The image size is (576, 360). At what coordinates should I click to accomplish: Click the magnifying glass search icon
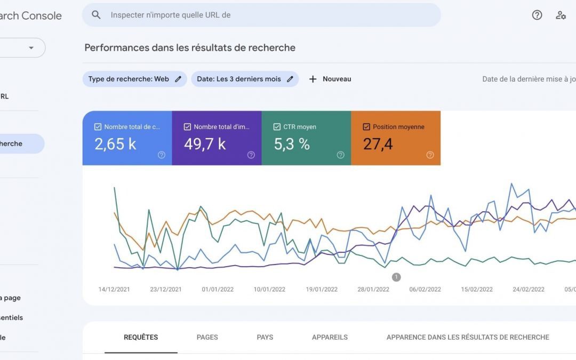(96, 15)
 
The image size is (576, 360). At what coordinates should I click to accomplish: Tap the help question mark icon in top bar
(537, 15)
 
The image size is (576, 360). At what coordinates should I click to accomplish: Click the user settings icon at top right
(561, 15)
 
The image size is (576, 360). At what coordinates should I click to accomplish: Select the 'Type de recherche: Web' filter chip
(129, 79)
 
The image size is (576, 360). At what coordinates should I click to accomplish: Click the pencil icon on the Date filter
(290, 79)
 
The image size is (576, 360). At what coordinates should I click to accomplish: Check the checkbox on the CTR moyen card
(277, 127)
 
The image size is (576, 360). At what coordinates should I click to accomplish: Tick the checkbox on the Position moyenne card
(366, 127)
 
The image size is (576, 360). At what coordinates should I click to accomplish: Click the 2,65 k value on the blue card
(115, 144)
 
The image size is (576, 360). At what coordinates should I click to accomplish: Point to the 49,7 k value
(205, 144)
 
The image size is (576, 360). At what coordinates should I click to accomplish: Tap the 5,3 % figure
(292, 144)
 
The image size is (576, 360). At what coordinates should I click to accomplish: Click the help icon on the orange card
(430, 155)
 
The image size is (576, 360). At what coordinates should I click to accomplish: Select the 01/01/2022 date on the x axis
(218, 290)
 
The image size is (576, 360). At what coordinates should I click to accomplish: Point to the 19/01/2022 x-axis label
(322, 290)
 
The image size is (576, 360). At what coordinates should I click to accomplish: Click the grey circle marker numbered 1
(396, 277)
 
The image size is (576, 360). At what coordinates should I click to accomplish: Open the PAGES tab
(207, 337)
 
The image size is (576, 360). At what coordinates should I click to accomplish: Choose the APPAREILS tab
(330, 337)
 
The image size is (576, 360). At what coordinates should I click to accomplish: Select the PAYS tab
(265, 337)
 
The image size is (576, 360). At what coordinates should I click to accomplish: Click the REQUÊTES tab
(141, 337)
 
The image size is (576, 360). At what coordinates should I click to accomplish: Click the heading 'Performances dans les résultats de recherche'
(190, 47)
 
